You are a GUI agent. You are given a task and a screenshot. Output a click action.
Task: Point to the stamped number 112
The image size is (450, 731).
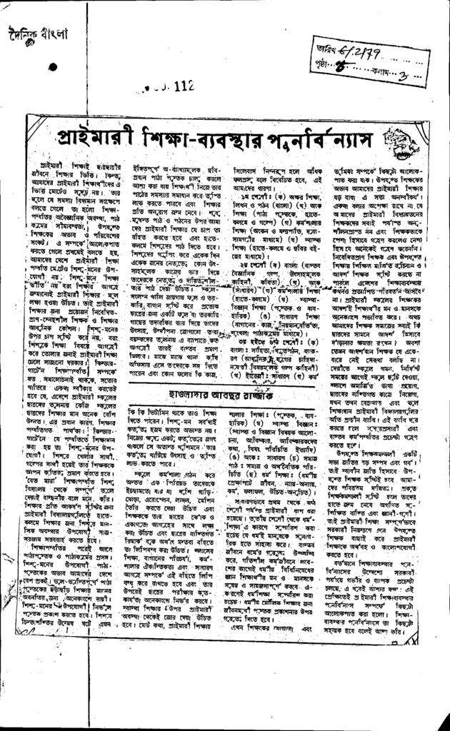tap(181, 86)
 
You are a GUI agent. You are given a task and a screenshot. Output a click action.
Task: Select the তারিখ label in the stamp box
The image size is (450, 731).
tap(327, 49)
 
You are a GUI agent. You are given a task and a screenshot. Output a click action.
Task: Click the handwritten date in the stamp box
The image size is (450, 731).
tap(357, 47)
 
